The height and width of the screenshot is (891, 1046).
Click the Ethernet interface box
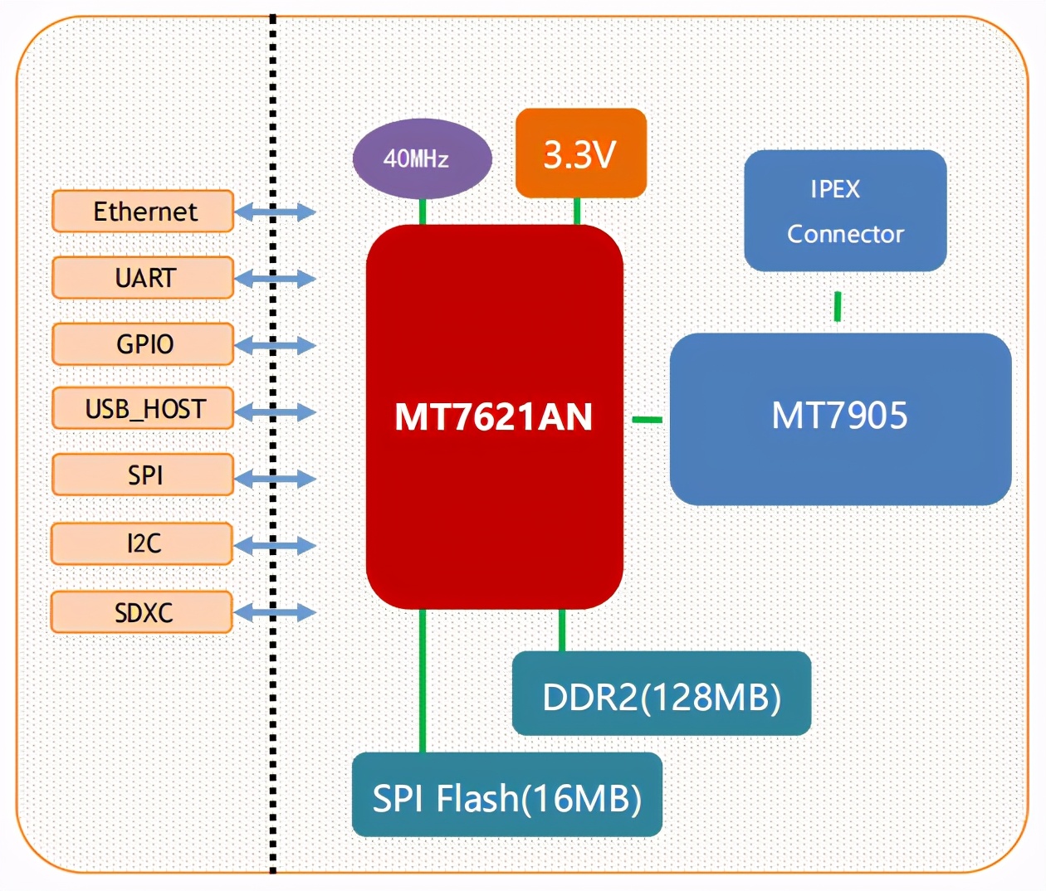pos(143,212)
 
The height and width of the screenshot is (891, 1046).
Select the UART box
pos(143,278)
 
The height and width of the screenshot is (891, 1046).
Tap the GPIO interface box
pos(143,343)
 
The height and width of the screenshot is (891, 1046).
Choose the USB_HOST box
pos(143,408)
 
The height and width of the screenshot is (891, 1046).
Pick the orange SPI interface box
pos(143,475)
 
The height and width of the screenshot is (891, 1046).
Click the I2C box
pos(142,543)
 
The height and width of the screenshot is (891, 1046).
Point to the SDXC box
pos(142,612)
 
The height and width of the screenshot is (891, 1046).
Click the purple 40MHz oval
pos(422,158)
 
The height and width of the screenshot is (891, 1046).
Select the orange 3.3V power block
pos(581,153)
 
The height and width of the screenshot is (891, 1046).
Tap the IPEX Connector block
pos(845,211)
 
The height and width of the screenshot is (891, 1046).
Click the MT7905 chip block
pos(841,419)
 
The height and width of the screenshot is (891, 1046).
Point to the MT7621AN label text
pos(493,417)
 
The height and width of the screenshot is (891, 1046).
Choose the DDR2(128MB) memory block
pos(662,693)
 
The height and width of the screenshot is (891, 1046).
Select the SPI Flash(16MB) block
pos(507,795)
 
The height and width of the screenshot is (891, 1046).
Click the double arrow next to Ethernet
pos(276,212)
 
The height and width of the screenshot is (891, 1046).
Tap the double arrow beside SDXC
pos(275,613)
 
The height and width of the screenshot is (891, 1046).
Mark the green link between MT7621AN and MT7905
pos(648,419)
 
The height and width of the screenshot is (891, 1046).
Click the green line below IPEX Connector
pos(838,306)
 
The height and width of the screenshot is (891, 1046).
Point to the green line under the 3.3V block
pos(577,212)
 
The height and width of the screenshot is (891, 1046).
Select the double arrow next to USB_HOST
pos(276,412)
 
